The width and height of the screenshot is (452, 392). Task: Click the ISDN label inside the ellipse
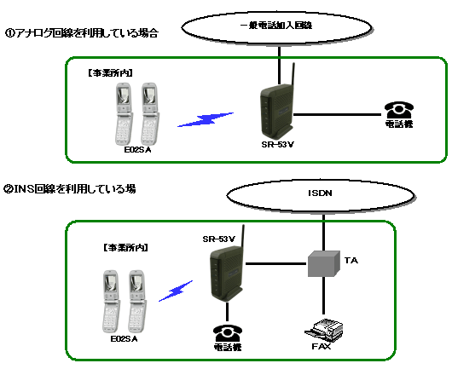click(320, 193)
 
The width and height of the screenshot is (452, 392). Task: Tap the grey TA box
click(324, 263)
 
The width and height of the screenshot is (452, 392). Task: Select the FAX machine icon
click(324, 330)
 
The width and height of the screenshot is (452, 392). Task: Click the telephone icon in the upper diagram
click(399, 109)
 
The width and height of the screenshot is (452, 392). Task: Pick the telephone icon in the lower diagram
click(228, 333)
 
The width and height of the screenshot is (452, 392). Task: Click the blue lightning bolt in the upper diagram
click(206, 119)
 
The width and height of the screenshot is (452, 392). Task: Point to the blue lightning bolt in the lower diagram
click(176, 291)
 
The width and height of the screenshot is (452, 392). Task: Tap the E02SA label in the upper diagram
click(137, 150)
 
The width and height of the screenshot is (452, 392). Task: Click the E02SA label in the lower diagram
click(124, 339)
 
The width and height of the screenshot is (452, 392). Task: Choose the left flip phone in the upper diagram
click(124, 114)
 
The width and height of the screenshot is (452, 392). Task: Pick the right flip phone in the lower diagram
click(137, 302)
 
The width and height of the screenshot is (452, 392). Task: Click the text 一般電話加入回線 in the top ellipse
click(276, 26)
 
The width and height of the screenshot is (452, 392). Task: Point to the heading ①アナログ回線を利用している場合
click(82, 33)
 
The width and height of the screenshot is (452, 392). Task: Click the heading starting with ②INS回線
click(69, 189)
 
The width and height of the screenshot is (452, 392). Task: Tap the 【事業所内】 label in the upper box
click(110, 73)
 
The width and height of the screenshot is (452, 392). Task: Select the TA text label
click(351, 261)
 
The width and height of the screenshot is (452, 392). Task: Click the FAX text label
click(322, 346)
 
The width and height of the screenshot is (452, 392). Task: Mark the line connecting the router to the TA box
click(276, 263)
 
